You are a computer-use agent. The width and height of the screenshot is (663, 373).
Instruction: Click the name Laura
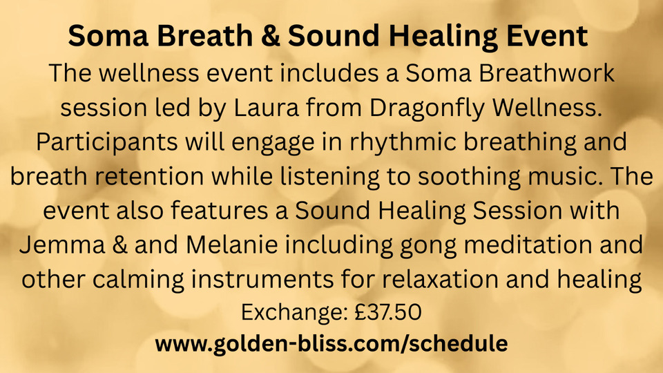click(x=266, y=108)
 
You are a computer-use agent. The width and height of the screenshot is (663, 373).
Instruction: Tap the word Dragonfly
click(x=427, y=109)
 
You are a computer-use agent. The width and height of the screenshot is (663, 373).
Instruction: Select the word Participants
click(x=107, y=143)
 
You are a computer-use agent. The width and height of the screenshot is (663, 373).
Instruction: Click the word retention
click(x=149, y=176)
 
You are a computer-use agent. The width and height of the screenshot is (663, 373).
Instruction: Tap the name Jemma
click(x=62, y=245)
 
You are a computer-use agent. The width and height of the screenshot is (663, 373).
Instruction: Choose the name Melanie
click(x=232, y=245)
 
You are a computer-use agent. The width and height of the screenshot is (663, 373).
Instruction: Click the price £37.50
click(x=387, y=312)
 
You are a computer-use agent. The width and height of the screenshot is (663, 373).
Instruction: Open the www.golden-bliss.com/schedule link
click(x=331, y=344)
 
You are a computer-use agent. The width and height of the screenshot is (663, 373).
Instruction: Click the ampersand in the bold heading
click(x=270, y=36)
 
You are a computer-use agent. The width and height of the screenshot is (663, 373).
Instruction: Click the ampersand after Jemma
click(x=119, y=245)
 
